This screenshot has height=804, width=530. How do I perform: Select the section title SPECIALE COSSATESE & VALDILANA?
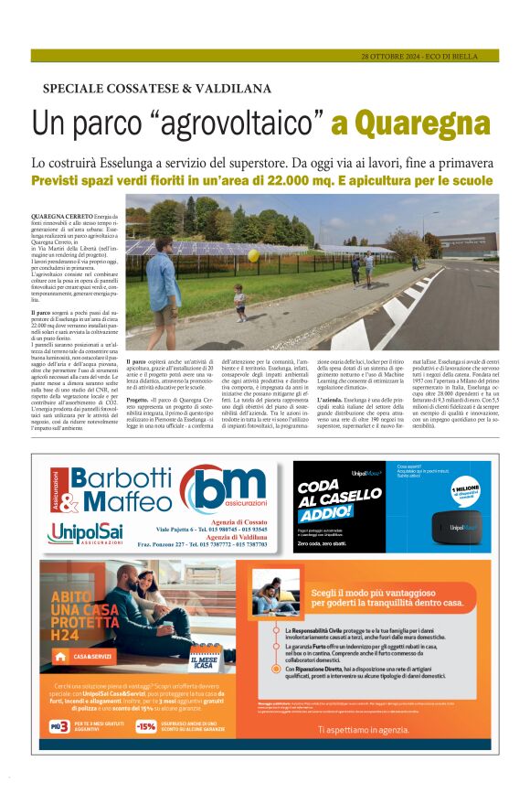[x=157, y=89]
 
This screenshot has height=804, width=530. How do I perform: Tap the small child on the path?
[x=239, y=301]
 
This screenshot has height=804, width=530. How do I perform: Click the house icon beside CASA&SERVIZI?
[x=60, y=656]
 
